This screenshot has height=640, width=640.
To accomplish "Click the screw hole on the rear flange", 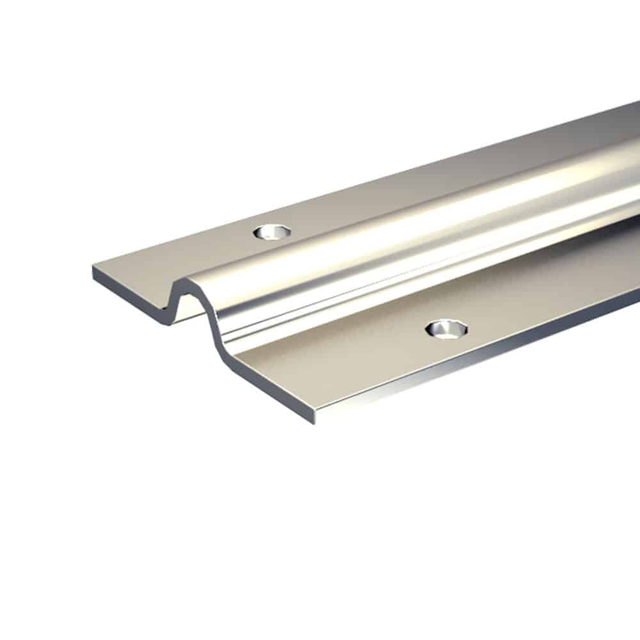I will pos(272,232).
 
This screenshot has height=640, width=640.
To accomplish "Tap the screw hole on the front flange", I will pos(447,329).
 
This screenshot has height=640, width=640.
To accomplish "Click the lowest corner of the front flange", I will pos(314,422).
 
